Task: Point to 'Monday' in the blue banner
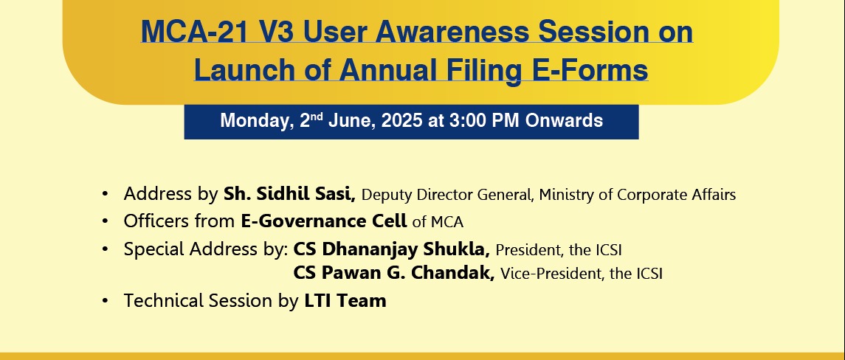pyautogui.click(x=257, y=121)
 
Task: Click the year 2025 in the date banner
pyautogui.click(x=401, y=121)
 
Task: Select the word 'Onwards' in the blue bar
pyautogui.click(x=565, y=121)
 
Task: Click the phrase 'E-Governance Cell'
pyautogui.click(x=324, y=221)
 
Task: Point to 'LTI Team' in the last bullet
pyautogui.click(x=345, y=301)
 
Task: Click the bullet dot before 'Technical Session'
pyautogui.click(x=105, y=301)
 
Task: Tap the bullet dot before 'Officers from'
pyautogui.click(x=105, y=221)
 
